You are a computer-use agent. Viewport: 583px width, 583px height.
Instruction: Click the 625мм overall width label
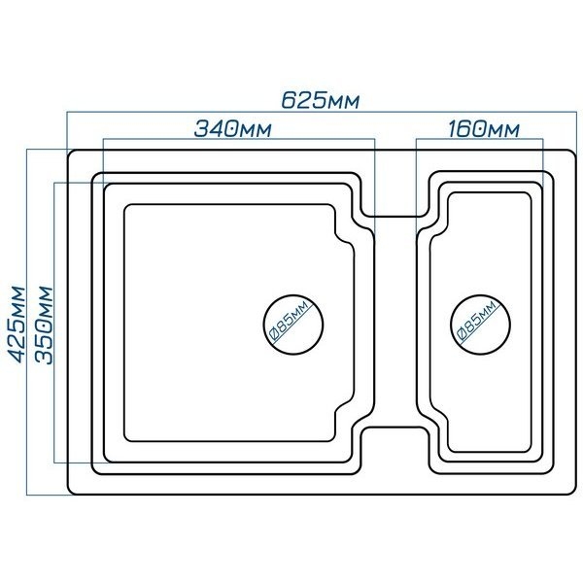click(x=320, y=100)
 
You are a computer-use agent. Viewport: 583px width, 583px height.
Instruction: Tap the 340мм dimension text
click(x=233, y=129)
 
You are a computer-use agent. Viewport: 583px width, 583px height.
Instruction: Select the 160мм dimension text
click(x=483, y=129)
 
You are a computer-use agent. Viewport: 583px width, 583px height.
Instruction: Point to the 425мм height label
click(x=17, y=325)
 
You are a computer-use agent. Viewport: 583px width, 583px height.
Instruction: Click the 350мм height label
click(x=44, y=325)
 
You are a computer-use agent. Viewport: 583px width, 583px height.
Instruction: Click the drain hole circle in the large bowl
click(x=293, y=295)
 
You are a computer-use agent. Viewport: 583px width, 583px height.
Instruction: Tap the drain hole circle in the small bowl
click(x=480, y=295)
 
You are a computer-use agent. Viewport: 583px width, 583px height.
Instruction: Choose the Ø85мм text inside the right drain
click(x=478, y=322)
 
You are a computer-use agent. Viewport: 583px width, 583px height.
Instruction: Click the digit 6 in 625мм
click(x=288, y=100)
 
